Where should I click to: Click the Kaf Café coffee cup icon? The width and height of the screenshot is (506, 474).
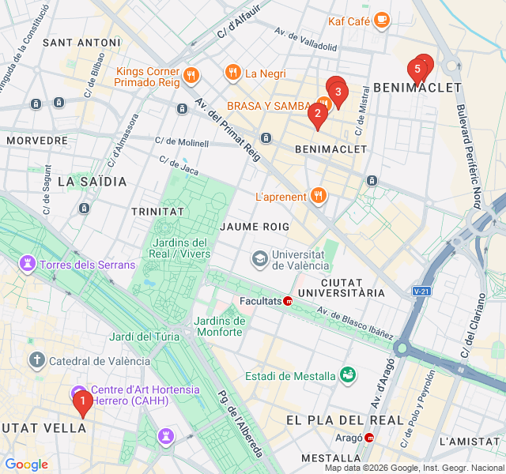(x=382, y=20)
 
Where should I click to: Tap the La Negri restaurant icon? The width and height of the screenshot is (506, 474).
(x=232, y=73)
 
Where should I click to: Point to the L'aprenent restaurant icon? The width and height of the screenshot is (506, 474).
(x=318, y=195)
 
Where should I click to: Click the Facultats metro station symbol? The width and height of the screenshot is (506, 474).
(x=289, y=301)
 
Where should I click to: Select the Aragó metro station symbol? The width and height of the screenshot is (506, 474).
(x=370, y=437)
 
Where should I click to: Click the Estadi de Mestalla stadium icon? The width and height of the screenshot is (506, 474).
(x=347, y=375)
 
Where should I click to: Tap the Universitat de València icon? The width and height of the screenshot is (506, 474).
(x=259, y=258)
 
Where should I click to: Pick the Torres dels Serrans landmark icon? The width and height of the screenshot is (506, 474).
(x=28, y=264)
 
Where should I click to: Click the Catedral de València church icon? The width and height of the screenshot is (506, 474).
(x=37, y=361)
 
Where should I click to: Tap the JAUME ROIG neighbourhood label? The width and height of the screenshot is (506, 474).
(x=255, y=226)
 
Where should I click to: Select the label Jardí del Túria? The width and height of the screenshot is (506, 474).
(x=145, y=337)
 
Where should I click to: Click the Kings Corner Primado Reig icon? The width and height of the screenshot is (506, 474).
(x=191, y=76)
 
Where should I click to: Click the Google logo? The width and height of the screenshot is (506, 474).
(x=26, y=465)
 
